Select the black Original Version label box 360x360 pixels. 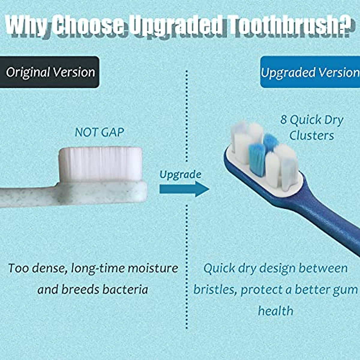point(49,72)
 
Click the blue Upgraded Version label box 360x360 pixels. point(310,72)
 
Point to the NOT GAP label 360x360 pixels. point(99,132)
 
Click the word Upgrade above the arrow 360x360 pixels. point(180,174)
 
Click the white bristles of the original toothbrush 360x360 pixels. point(100,163)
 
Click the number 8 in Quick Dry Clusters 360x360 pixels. point(283,120)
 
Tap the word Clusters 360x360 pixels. point(311,136)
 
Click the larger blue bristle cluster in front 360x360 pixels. point(257,159)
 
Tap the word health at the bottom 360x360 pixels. point(275,311)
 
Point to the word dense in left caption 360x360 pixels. point(49,268)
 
